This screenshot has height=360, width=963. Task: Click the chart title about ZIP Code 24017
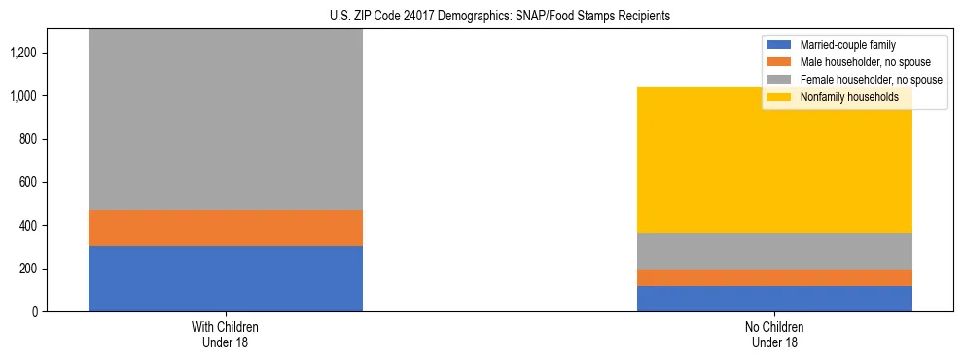(481, 17)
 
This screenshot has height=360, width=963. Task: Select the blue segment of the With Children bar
(226, 278)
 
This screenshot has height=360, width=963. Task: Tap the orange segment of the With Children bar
(226, 228)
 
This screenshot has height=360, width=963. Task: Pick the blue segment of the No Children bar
(774, 299)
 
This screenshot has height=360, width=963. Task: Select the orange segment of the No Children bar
(774, 277)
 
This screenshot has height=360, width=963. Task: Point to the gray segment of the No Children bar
(774, 251)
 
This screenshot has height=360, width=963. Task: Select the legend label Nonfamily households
(842, 97)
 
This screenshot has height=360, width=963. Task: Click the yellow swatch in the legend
(779, 97)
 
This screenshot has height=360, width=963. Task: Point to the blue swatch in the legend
(779, 45)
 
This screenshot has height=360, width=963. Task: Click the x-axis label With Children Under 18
(226, 335)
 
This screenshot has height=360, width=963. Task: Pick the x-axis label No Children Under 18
(774, 335)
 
